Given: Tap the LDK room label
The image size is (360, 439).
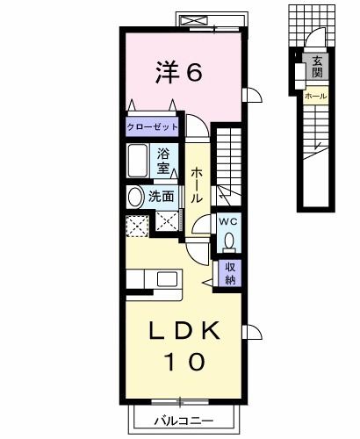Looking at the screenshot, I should point(184,331).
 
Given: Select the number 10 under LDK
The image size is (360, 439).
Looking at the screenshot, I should point(184,361).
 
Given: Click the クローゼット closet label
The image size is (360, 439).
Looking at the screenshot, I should point(153,126).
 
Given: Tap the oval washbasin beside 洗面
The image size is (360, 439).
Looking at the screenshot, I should point(134,198).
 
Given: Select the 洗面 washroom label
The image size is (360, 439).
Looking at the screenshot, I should point(161,197).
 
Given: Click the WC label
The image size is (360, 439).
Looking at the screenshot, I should point(228,220).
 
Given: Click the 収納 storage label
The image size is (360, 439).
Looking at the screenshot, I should point(229,274).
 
